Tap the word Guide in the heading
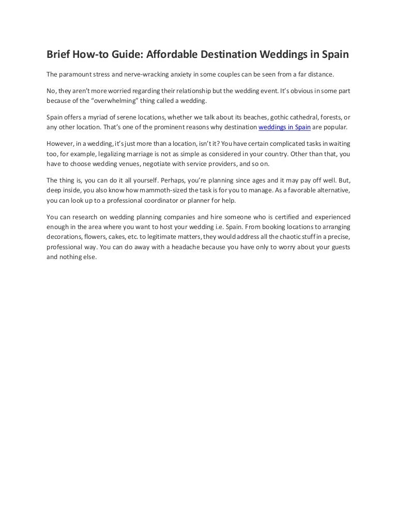(123, 54)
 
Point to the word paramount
(78, 73)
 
